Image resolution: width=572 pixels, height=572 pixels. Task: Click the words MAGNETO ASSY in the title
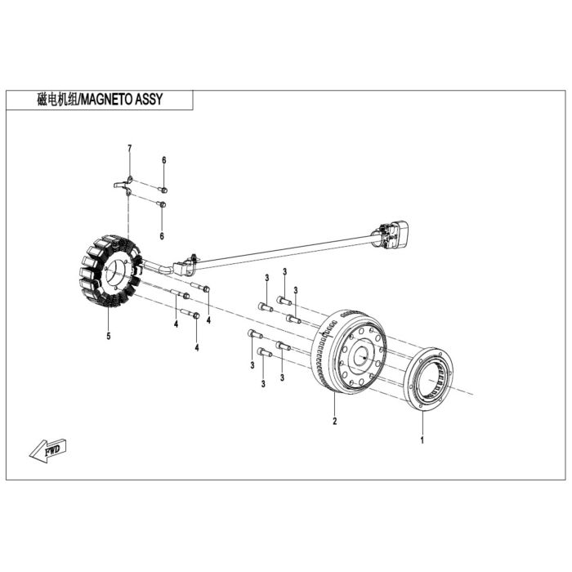click(122, 99)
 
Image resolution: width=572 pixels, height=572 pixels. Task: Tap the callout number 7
click(129, 149)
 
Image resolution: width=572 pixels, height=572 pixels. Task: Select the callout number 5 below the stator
click(109, 336)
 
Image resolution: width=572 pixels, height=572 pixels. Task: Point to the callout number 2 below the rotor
click(334, 421)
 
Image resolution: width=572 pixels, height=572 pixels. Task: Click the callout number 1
click(422, 440)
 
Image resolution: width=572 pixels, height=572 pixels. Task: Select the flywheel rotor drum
click(349, 351)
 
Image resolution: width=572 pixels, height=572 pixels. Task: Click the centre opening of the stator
click(116, 272)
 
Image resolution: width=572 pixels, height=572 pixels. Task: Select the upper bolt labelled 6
click(163, 190)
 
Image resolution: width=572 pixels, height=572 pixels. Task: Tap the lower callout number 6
click(162, 236)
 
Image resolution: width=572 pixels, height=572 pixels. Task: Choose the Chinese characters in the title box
click(58, 99)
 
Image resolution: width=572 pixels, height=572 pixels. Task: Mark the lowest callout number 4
click(197, 347)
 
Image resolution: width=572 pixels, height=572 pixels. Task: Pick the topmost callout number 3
click(284, 271)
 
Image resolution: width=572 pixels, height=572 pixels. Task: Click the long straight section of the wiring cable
click(285, 251)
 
